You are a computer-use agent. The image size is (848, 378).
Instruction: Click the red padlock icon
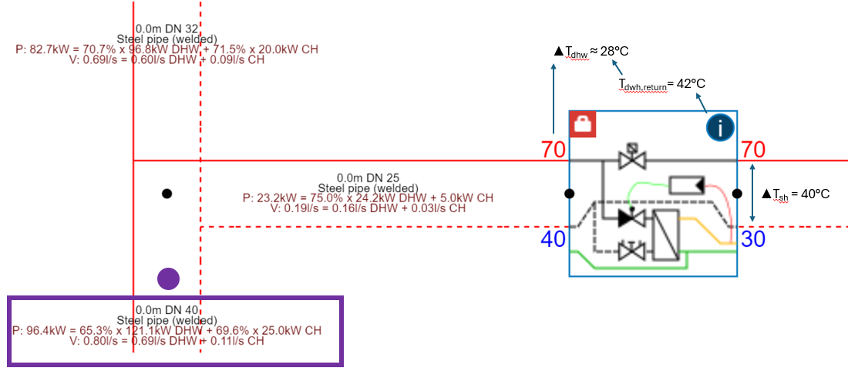click(584, 124)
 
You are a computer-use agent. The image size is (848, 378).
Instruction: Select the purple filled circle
click(168, 278)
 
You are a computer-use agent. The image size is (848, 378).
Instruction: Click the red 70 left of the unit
click(553, 150)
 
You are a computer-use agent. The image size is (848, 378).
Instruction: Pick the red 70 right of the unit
click(753, 150)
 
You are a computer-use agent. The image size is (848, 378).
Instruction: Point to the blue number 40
click(553, 239)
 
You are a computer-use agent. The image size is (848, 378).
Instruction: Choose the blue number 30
click(753, 239)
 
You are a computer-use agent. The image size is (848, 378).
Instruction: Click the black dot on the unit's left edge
click(570, 194)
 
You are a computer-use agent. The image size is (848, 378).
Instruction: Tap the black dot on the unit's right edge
click(737, 194)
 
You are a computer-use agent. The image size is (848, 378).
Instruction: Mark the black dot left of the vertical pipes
click(167, 194)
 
